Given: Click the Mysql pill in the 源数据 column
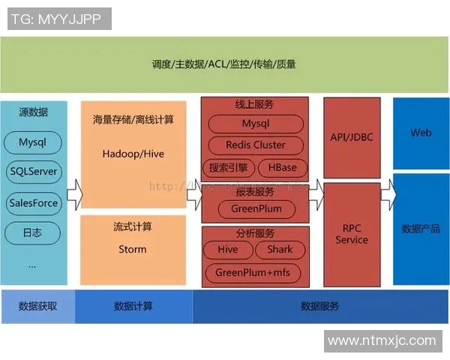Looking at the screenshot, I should pyautogui.click(x=33, y=142).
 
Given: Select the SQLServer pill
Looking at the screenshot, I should pyautogui.click(x=33, y=172).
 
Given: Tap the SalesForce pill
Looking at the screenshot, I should pyautogui.click(x=33, y=202).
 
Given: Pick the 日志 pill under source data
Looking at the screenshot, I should pyautogui.click(x=33, y=233).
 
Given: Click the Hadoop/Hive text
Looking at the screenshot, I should pyautogui.click(x=133, y=154).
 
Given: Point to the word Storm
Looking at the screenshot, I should pyautogui.click(x=133, y=249).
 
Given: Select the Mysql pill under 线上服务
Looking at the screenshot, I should pyautogui.click(x=255, y=124).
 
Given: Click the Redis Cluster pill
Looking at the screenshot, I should pyautogui.click(x=255, y=145).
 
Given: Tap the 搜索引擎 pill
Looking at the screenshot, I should pyautogui.click(x=229, y=166).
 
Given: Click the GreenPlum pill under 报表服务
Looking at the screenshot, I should pyautogui.click(x=255, y=208).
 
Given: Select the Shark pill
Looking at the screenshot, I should pyautogui.click(x=280, y=250).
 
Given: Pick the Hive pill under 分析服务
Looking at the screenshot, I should pyautogui.click(x=228, y=250).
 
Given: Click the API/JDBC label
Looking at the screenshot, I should pyautogui.click(x=352, y=137).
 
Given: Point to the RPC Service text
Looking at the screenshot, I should pyautogui.click(x=352, y=234).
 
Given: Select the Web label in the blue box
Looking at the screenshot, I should pyautogui.click(x=421, y=133).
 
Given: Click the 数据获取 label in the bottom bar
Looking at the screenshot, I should pyautogui.click(x=37, y=306).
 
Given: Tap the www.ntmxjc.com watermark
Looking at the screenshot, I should pyautogui.click(x=382, y=340).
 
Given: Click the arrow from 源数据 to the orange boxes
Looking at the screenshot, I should pyautogui.click(x=73, y=196).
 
